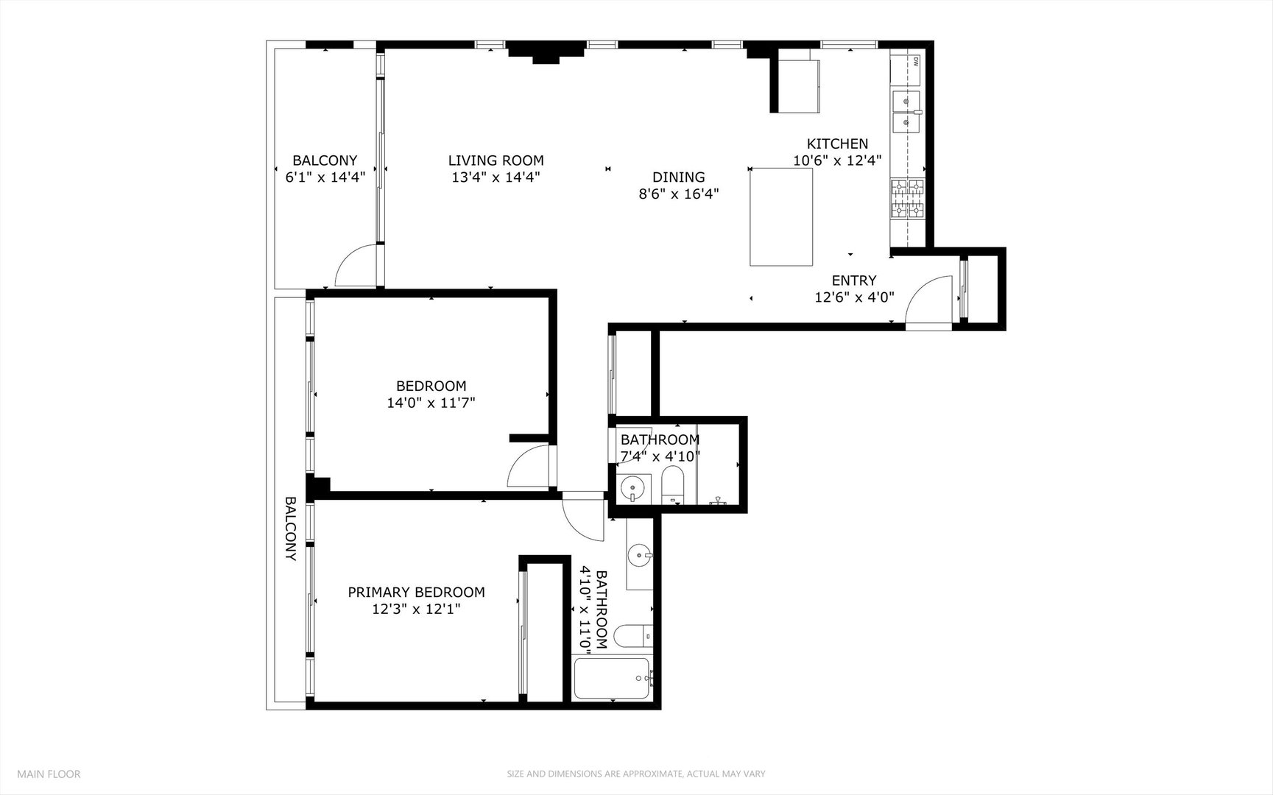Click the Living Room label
(x=496, y=160)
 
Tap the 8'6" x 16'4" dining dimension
(x=678, y=194)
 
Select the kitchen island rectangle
(x=781, y=217)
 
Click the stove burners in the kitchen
(x=907, y=199)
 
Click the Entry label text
(x=854, y=280)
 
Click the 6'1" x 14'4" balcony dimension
(x=325, y=177)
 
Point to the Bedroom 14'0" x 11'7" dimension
(x=431, y=403)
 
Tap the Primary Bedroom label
(x=416, y=592)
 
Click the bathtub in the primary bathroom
(x=612, y=679)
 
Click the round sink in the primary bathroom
(x=639, y=555)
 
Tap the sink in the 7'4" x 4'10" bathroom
(x=632, y=487)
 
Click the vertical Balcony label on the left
(x=290, y=529)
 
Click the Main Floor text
(x=49, y=774)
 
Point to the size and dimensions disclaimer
(x=636, y=774)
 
